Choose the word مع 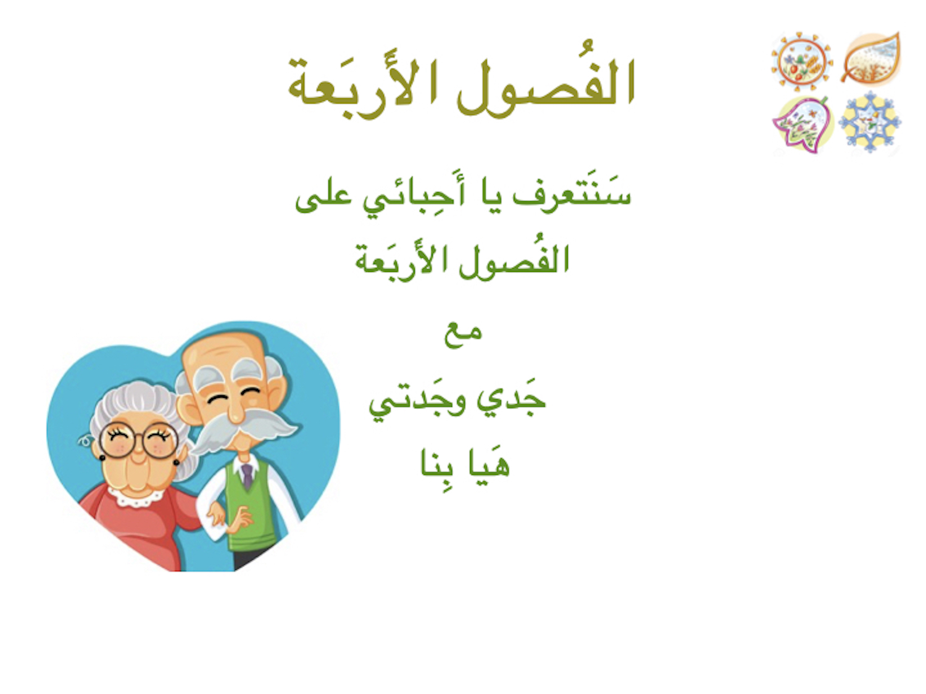pyautogui.click(x=463, y=334)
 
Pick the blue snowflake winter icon pyautogui.click(x=870, y=123)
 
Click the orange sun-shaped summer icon pyautogui.click(x=802, y=62)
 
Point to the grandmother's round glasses pyautogui.click(x=139, y=440)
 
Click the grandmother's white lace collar pyautogui.click(x=136, y=497)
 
